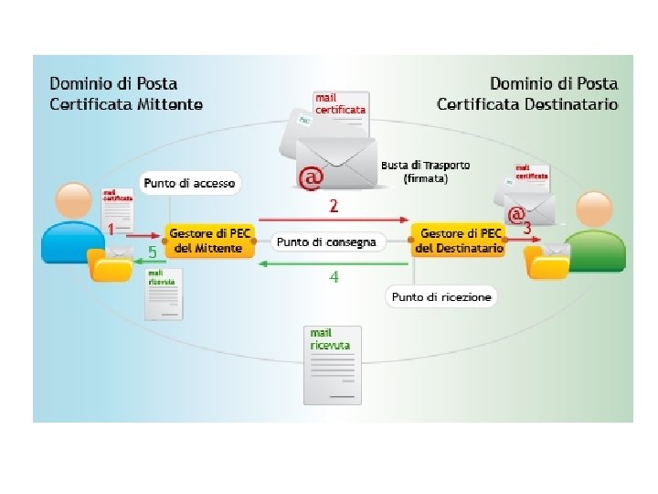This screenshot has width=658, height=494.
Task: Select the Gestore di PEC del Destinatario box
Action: click(459, 242)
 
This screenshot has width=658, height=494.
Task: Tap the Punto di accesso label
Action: click(190, 184)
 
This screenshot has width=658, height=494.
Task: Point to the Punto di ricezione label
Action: click(441, 297)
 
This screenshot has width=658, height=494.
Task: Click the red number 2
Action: click(334, 206)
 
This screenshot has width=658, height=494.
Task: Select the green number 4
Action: click(334, 276)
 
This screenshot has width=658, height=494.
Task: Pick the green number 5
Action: click(153, 251)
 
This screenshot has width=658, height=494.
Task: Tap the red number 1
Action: click(110, 227)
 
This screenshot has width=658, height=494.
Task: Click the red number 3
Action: click(527, 227)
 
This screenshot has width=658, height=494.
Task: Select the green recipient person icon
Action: click(593, 233)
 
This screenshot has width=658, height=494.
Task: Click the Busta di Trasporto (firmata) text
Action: click(425, 172)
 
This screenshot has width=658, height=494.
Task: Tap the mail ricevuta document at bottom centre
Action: click(331, 363)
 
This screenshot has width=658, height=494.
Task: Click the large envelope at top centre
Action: click(336, 163)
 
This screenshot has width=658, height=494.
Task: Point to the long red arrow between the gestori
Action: click(334, 220)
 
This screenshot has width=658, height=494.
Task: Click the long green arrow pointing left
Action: click(334, 263)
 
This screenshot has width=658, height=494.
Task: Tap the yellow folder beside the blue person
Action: click(110, 265)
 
